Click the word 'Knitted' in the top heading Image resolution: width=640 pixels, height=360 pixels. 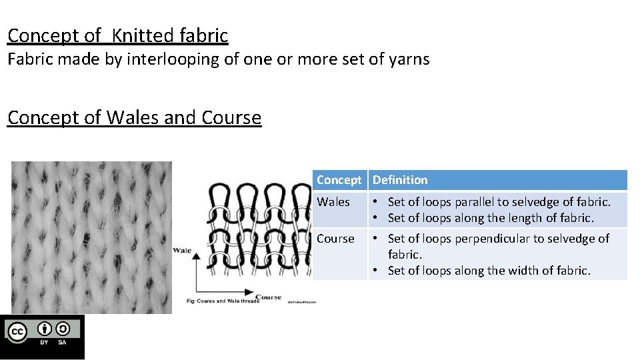click(140, 35)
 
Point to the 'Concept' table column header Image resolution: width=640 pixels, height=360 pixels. click(339, 180)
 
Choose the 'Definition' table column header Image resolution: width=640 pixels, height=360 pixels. click(400, 180)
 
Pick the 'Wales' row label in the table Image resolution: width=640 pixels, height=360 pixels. click(333, 202)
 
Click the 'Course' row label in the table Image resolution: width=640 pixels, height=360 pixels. click(335, 239)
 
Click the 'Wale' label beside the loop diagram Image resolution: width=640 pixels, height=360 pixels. click(183, 250)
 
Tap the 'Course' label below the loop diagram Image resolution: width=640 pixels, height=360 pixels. click(268, 297)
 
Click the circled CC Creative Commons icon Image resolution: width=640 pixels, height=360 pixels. click(17, 331)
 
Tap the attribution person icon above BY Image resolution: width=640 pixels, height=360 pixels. click(45, 329)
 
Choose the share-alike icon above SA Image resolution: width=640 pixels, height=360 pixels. click(62, 329)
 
